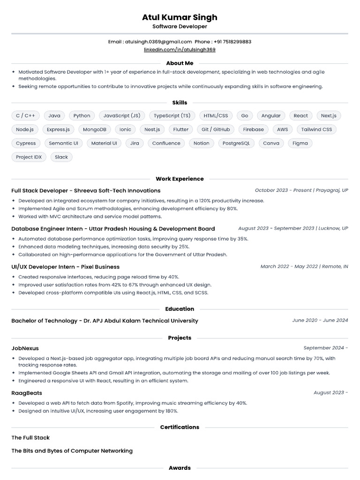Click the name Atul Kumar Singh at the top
tap(180, 17)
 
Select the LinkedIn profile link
tap(180, 49)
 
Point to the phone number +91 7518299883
tap(230, 42)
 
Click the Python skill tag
tap(82, 115)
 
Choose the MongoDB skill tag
tap(95, 129)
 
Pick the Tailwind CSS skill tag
tap(316, 129)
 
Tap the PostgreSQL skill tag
tap(236, 143)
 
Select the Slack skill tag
tap(61, 157)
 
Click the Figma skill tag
tap(300, 143)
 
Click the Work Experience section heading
tap(180, 179)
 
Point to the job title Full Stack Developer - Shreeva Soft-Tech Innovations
tap(86, 191)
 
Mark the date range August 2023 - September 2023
tap(276, 228)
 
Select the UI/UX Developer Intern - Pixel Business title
tap(65, 267)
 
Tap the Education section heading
tap(180, 309)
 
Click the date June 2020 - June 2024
tap(320, 321)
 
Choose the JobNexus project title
tap(25, 348)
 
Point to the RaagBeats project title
tap(26, 393)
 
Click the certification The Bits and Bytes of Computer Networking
tap(72, 450)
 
